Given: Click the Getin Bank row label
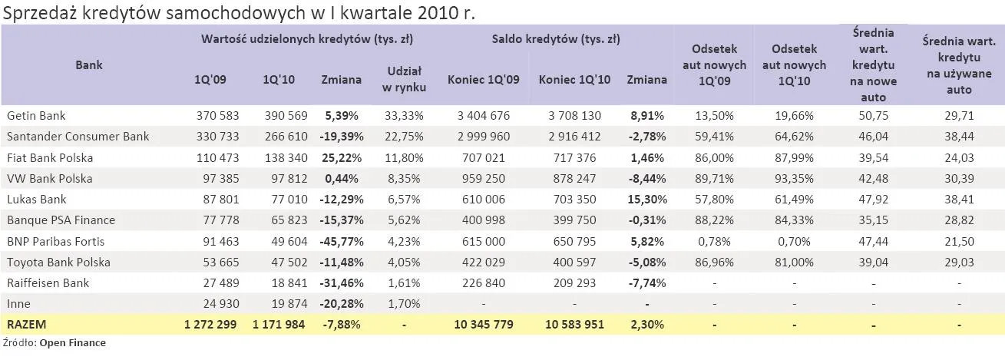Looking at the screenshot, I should [36, 115].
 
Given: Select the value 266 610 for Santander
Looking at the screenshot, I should [284, 136].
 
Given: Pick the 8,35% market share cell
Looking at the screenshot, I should [403, 178].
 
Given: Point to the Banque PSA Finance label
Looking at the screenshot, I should [61, 220].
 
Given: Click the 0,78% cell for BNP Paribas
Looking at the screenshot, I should [714, 241].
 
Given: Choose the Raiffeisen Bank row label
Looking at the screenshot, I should [48, 282].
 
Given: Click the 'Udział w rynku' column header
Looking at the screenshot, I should [404, 79].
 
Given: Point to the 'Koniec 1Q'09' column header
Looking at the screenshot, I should [483, 79].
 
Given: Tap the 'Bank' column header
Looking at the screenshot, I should [89, 65].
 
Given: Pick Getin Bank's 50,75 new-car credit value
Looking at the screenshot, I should [873, 115].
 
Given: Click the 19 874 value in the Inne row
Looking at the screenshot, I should [284, 304].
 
